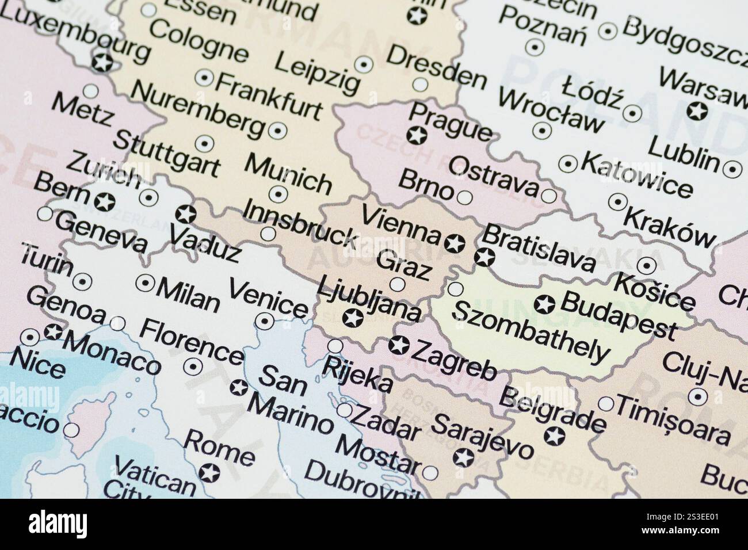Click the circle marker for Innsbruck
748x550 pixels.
pos(268,234)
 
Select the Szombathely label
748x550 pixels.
pos(531,335)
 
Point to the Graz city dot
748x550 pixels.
pos(397,284)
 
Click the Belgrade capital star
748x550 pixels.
pos(555,436)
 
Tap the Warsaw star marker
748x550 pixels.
pos(697,110)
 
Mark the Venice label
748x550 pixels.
pos(268,299)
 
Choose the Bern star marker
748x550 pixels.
pos(105,202)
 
